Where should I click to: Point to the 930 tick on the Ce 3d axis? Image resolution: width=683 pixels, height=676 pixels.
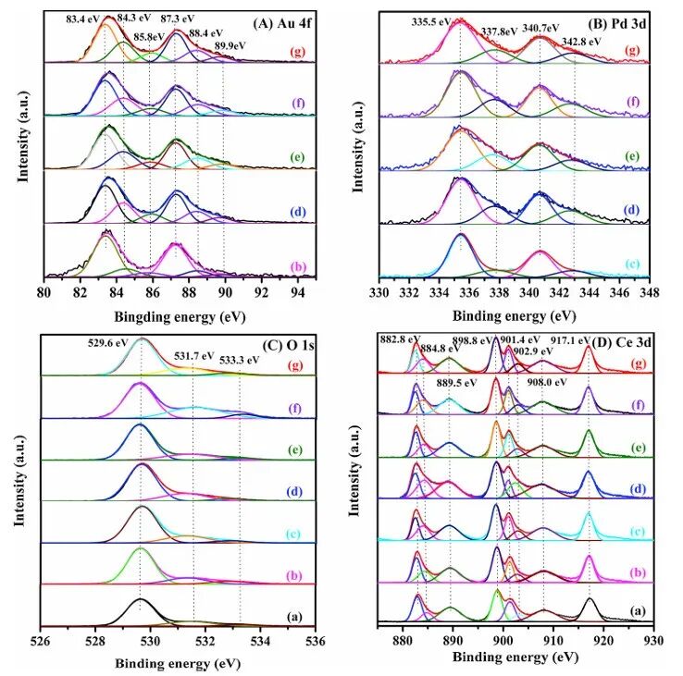(653, 640)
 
